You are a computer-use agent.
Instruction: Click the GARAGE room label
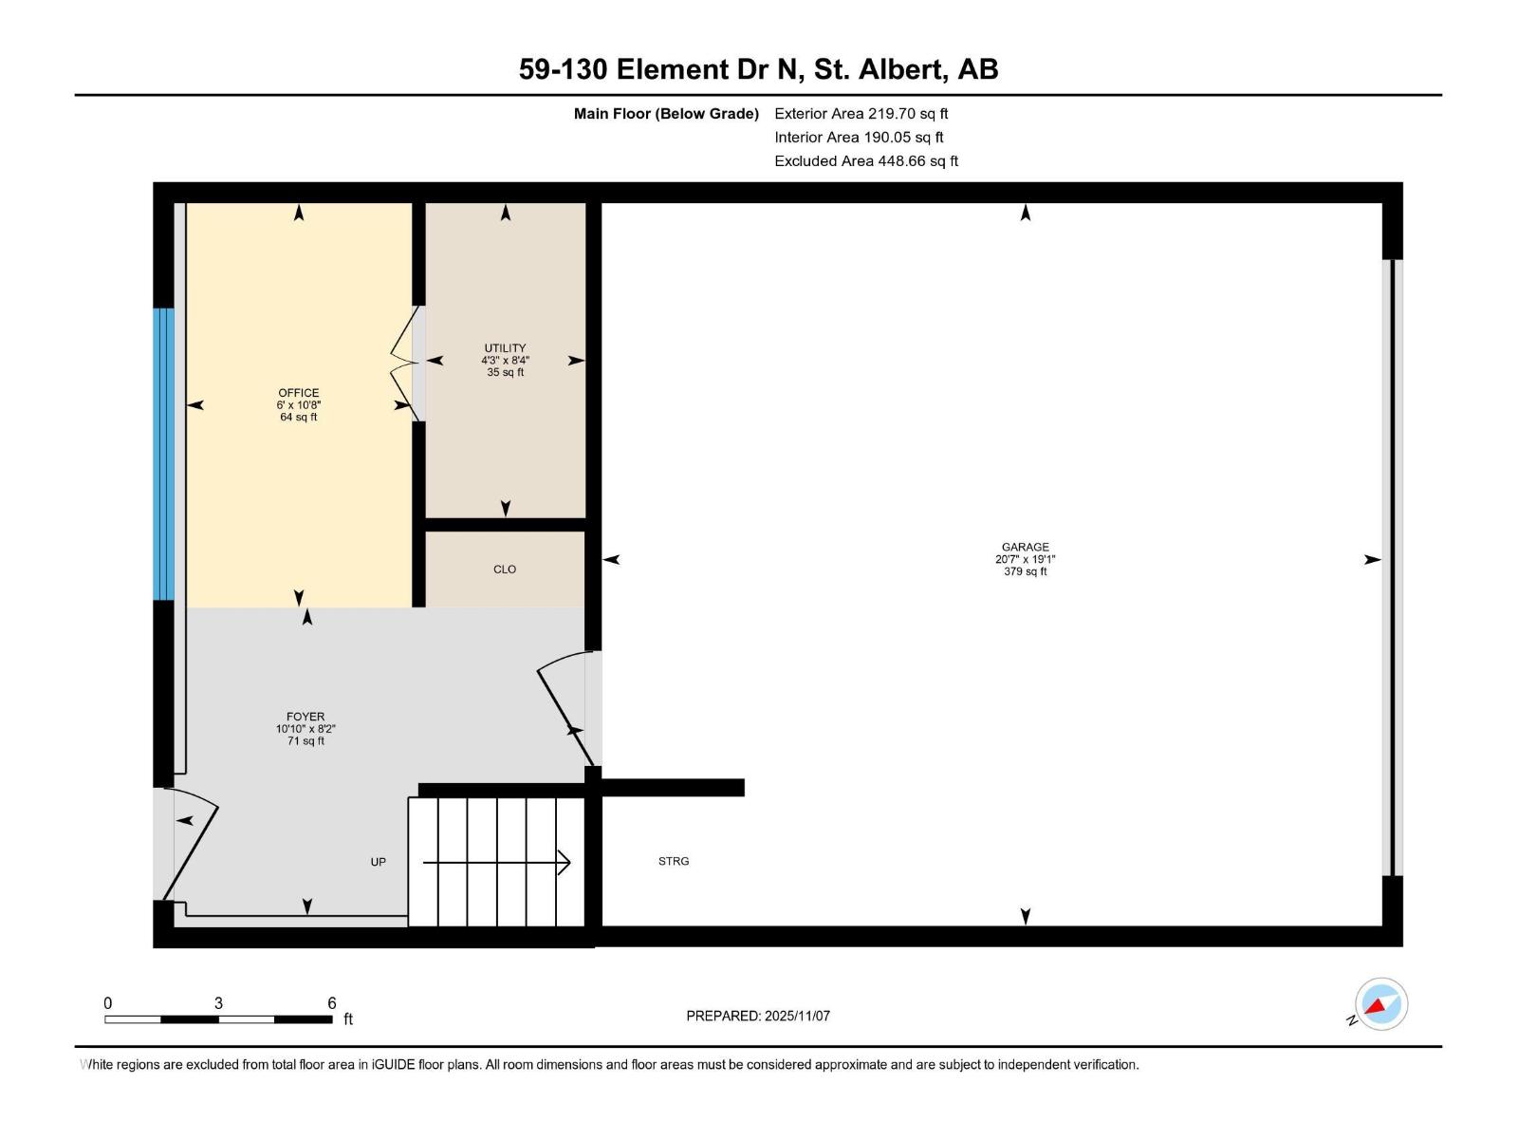pyautogui.click(x=1025, y=547)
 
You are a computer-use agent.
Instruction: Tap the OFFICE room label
pyautogui.click(x=298, y=393)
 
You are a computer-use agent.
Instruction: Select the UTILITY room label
pyautogui.click(x=505, y=348)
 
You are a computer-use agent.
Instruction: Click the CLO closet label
pyautogui.click(x=505, y=569)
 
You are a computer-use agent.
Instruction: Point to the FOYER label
pyautogui.click(x=305, y=718)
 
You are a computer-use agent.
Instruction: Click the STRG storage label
pyautogui.click(x=674, y=862)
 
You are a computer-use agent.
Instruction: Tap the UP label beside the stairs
pyautogui.click(x=378, y=862)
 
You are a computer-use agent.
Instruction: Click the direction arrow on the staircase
pyautogui.click(x=496, y=862)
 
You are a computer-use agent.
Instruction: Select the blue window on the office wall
pyautogui.click(x=164, y=454)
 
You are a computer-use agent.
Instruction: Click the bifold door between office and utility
pyautogui.click(x=405, y=363)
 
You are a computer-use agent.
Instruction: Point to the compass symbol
pyautogui.click(x=1380, y=1004)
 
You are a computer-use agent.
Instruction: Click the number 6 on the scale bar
pyautogui.click(x=332, y=1003)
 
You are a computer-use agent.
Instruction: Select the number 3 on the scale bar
pyautogui.click(x=218, y=1003)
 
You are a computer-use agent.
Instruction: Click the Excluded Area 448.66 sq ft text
pyautogui.click(x=865, y=161)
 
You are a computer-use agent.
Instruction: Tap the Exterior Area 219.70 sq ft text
pyautogui.click(x=861, y=114)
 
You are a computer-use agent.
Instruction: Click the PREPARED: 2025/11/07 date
pyautogui.click(x=758, y=1016)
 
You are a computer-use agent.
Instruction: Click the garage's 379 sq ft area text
pyautogui.click(x=1025, y=571)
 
